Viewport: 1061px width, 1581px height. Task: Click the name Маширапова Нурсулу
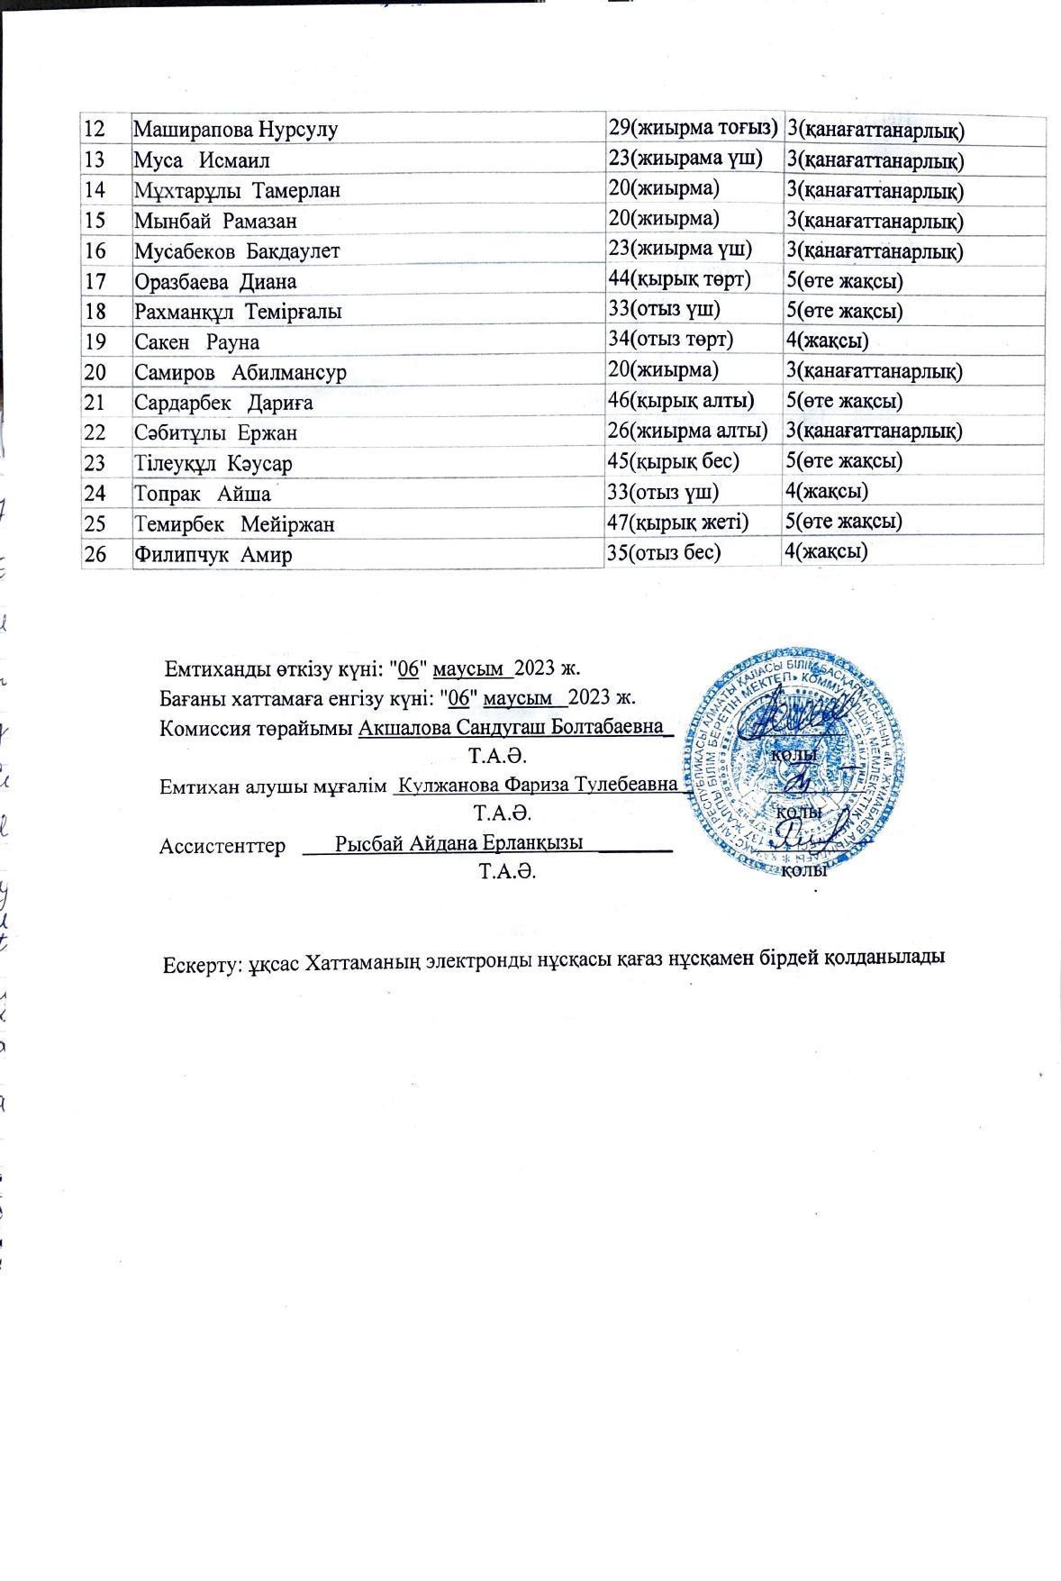[235, 130]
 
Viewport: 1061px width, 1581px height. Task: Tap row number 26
[95, 555]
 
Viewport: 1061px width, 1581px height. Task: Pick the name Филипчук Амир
[213, 555]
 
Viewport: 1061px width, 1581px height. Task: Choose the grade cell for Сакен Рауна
[827, 341]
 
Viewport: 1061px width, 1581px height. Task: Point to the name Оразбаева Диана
[215, 281]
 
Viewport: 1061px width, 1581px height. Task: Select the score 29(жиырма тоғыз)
[693, 128]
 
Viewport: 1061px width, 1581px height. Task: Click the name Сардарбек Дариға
[223, 403]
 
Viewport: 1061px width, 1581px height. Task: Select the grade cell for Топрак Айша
[827, 491]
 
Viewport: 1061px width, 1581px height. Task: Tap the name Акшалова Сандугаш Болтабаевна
[511, 727]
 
